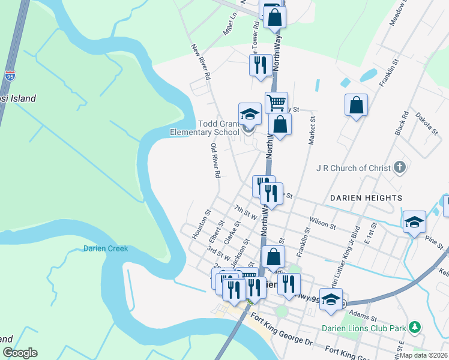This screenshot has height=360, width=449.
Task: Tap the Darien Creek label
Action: click(106, 248)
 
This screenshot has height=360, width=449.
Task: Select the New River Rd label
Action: click(200, 62)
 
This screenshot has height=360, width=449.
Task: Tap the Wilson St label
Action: click(323, 223)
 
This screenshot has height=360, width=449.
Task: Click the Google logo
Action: click(20, 353)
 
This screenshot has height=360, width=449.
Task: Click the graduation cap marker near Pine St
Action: click(414, 222)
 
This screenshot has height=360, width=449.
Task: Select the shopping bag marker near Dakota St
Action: click(356, 105)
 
